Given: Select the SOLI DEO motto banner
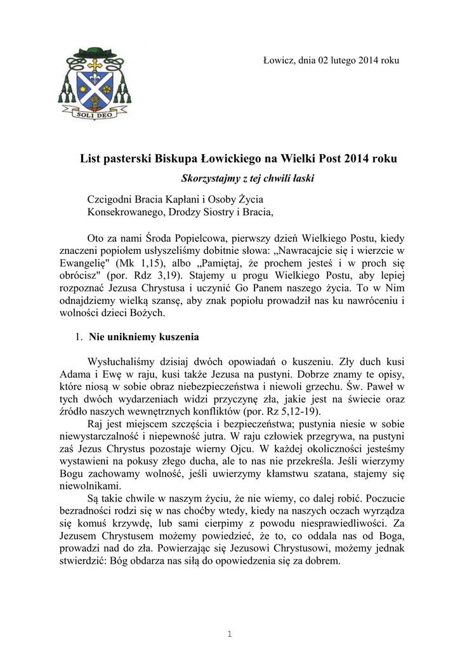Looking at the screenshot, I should tap(95, 116).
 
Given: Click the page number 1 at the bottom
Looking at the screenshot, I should tap(230, 634).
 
